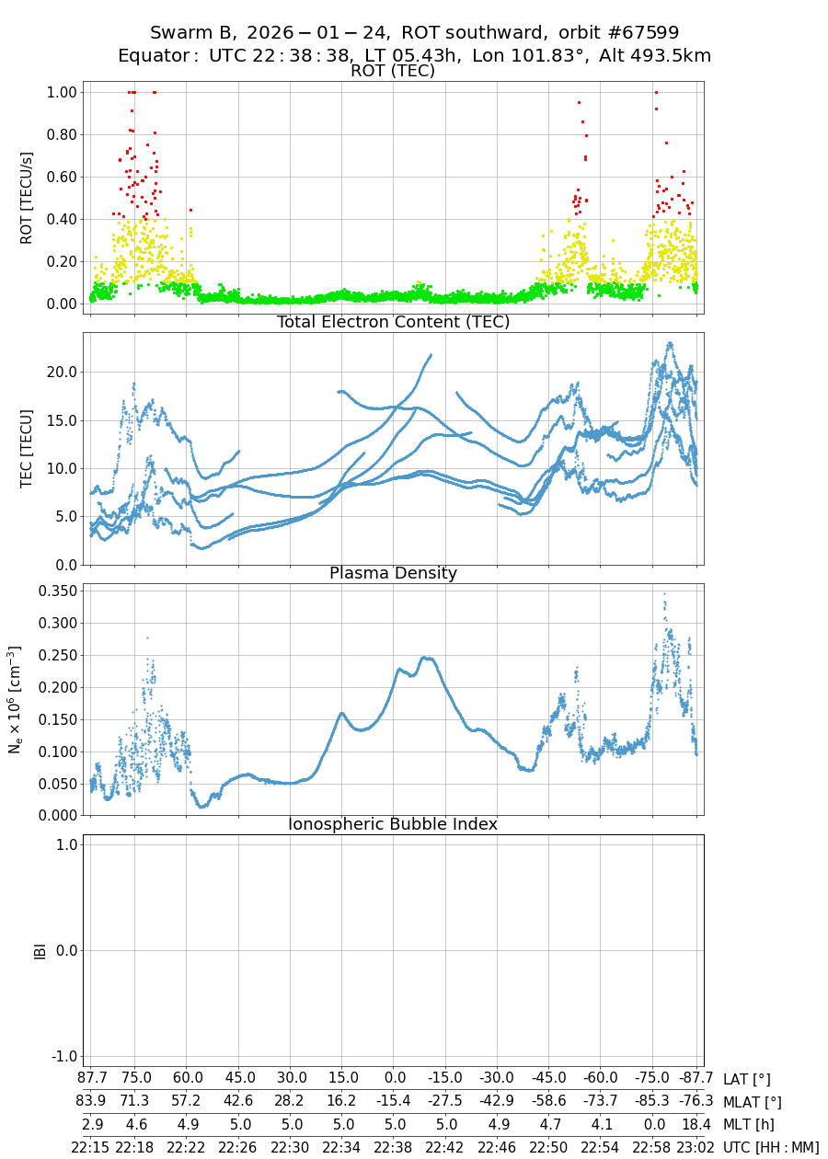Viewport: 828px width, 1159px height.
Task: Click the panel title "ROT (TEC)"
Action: (x=393, y=72)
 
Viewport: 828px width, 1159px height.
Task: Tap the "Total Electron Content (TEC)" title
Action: (x=393, y=322)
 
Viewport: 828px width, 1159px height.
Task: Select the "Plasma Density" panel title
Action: (x=393, y=573)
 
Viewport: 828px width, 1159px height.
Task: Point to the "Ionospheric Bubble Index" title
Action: (x=393, y=824)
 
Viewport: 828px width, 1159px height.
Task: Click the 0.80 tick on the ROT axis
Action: (x=60, y=134)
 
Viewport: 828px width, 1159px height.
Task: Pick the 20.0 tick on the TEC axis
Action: (x=60, y=373)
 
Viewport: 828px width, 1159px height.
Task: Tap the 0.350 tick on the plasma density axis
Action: (x=55, y=591)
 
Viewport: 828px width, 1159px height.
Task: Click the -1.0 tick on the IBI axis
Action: (x=60, y=1056)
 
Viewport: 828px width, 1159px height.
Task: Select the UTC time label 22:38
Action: (x=395, y=1147)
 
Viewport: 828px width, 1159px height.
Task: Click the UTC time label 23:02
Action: (x=696, y=1147)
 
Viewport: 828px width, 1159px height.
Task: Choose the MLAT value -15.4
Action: (x=395, y=1101)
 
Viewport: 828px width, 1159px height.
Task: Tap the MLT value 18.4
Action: (x=696, y=1124)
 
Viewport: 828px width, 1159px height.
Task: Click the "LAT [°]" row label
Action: (x=746, y=1079)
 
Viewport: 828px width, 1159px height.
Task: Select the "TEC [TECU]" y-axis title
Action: (x=27, y=449)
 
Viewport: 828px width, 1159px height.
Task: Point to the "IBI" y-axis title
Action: (x=40, y=950)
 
